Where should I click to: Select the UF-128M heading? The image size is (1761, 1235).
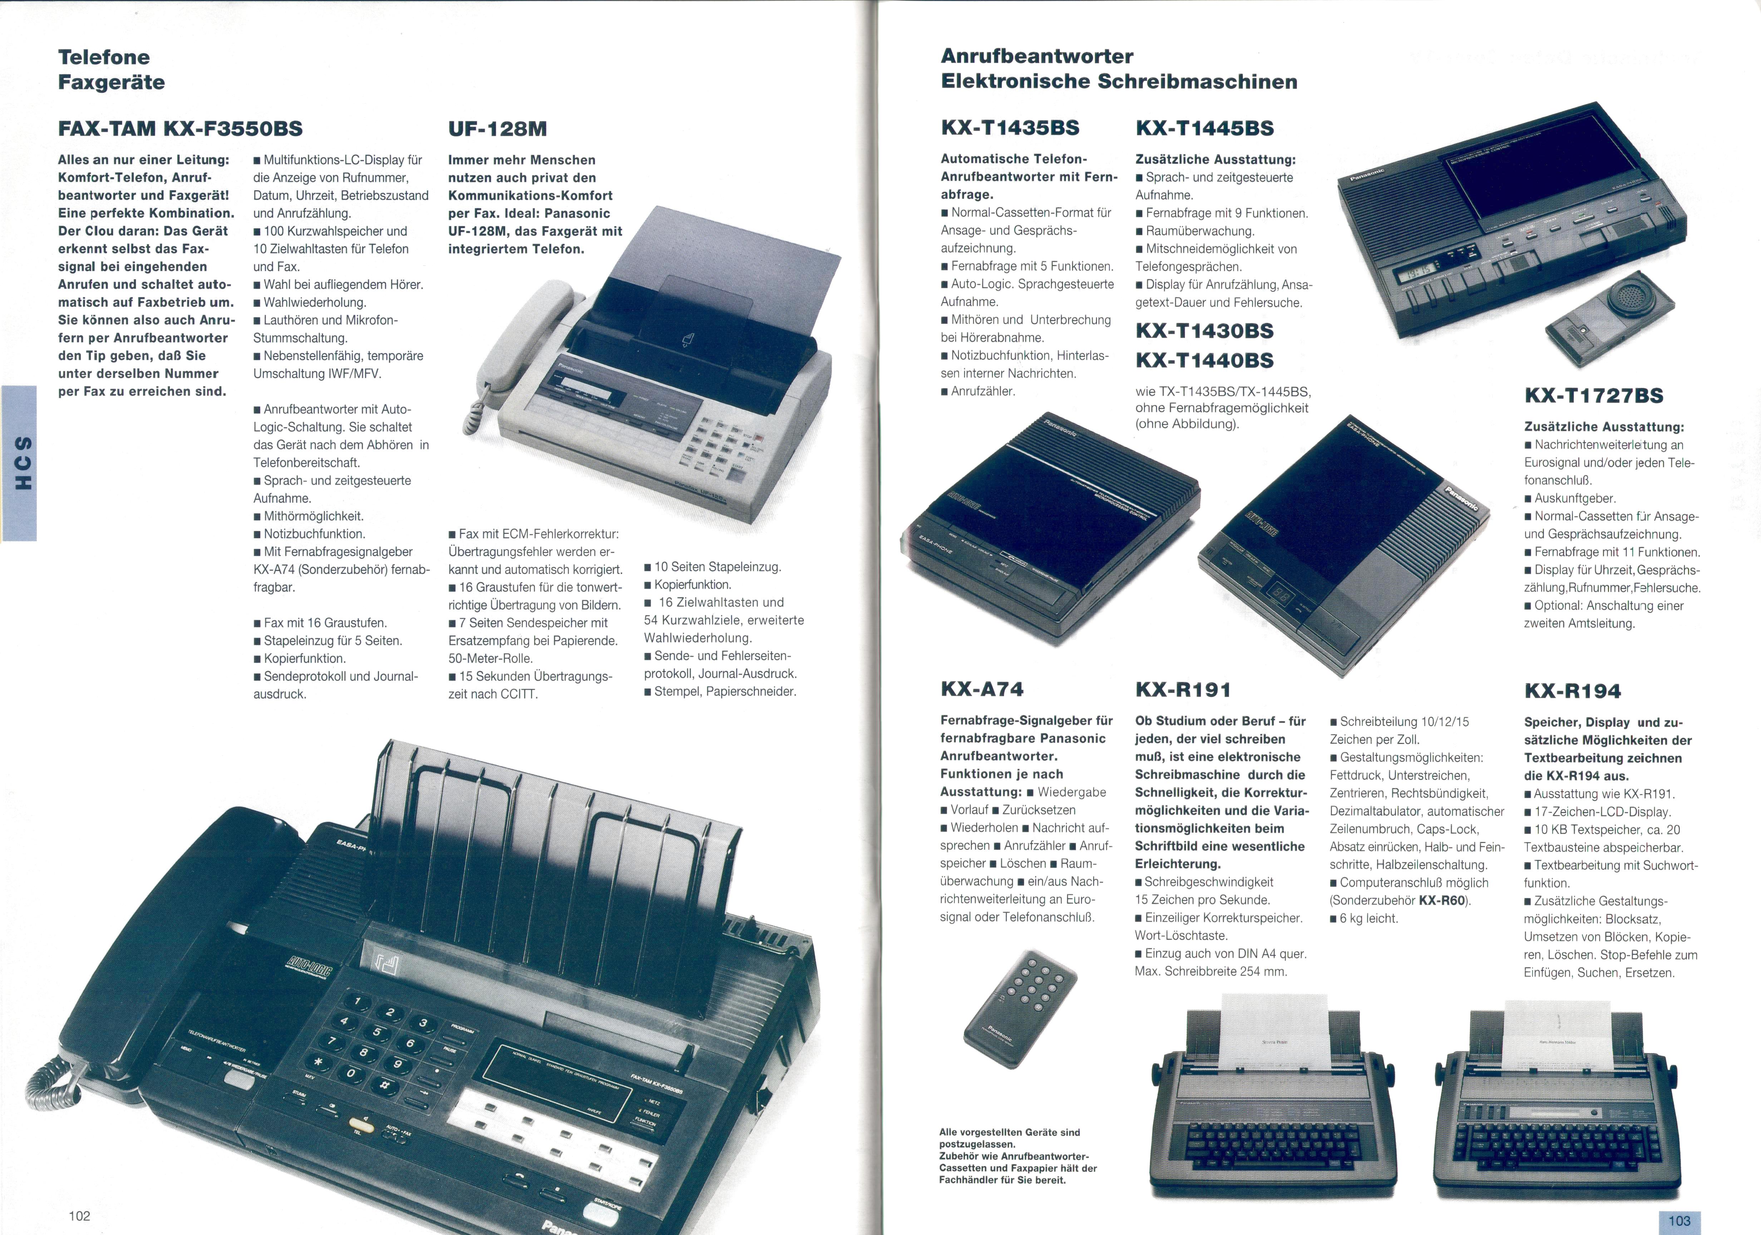pos(498,129)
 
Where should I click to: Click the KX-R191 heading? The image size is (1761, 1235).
pos(1183,690)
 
